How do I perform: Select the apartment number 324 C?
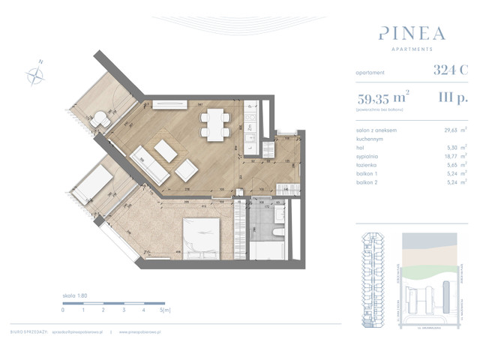(450, 71)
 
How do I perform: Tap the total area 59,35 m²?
(382, 97)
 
